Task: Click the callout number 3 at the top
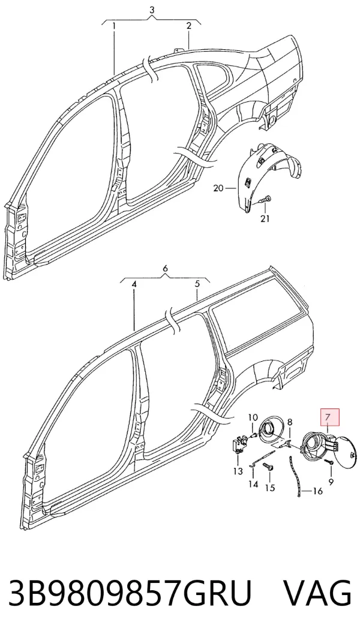pos(152,10)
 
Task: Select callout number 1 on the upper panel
pos(114,26)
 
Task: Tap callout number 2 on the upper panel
pos(188,25)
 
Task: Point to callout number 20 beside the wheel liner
pos(218,188)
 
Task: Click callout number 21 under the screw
pos(265,218)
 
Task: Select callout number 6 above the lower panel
pos(165,269)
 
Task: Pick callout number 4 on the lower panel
pos(134,284)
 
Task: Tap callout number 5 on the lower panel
pos(197,284)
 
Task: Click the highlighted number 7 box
pos(329,417)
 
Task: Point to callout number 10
pos(253,417)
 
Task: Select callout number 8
pos(289,422)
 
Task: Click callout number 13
pos(238,471)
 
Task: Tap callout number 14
pos(253,484)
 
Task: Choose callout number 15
pos(270,488)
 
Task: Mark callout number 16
pos(318,491)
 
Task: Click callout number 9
pos(331,482)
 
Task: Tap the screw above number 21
pos(265,200)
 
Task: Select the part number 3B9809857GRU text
pos(129,594)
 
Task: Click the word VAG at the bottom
pos(318,594)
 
